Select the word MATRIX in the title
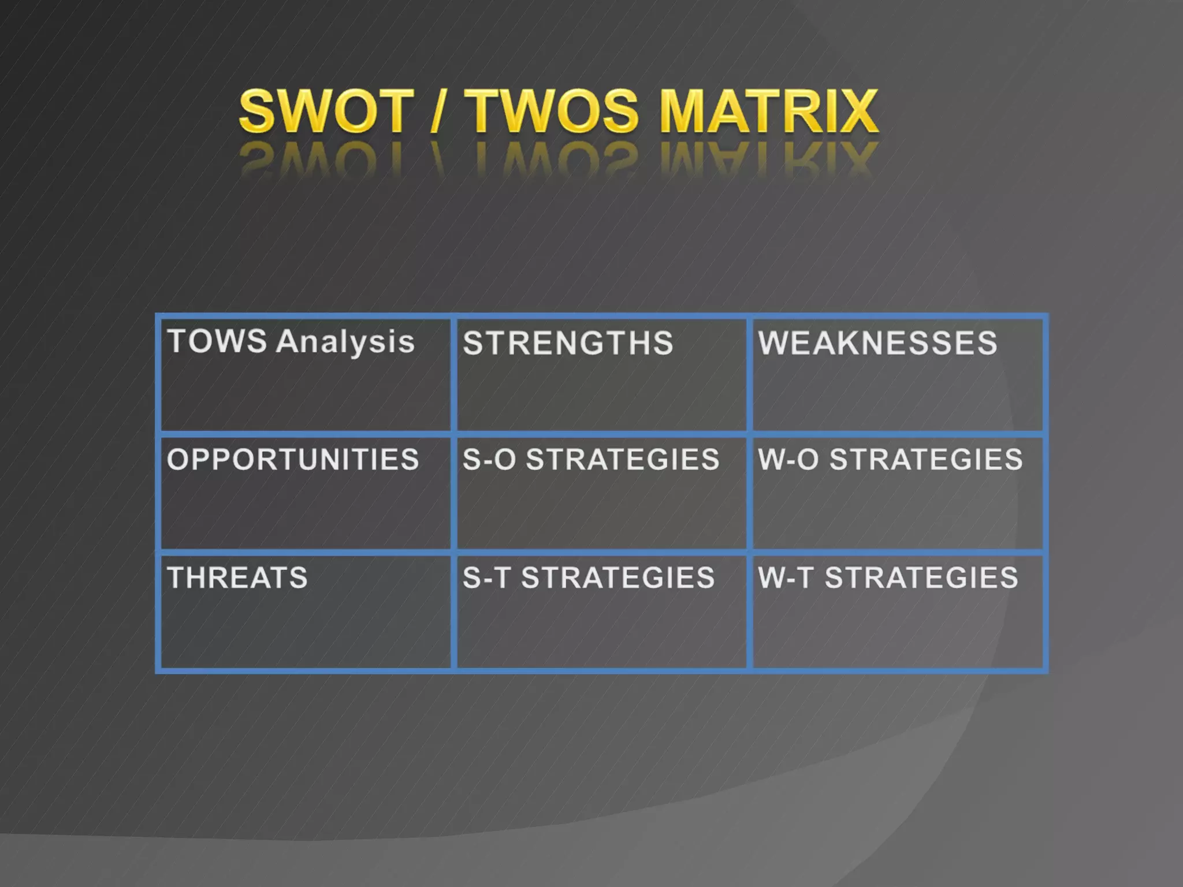click(769, 111)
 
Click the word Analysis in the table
click(345, 342)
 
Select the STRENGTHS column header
click(568, 343)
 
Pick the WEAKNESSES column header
click(877, 343)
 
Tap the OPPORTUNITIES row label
click(293, 460)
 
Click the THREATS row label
click(237, 578)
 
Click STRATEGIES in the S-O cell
click(623, 460)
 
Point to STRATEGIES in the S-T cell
click(618, 578)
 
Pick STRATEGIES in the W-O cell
click(926, 460)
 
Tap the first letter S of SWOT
click(258, 111)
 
